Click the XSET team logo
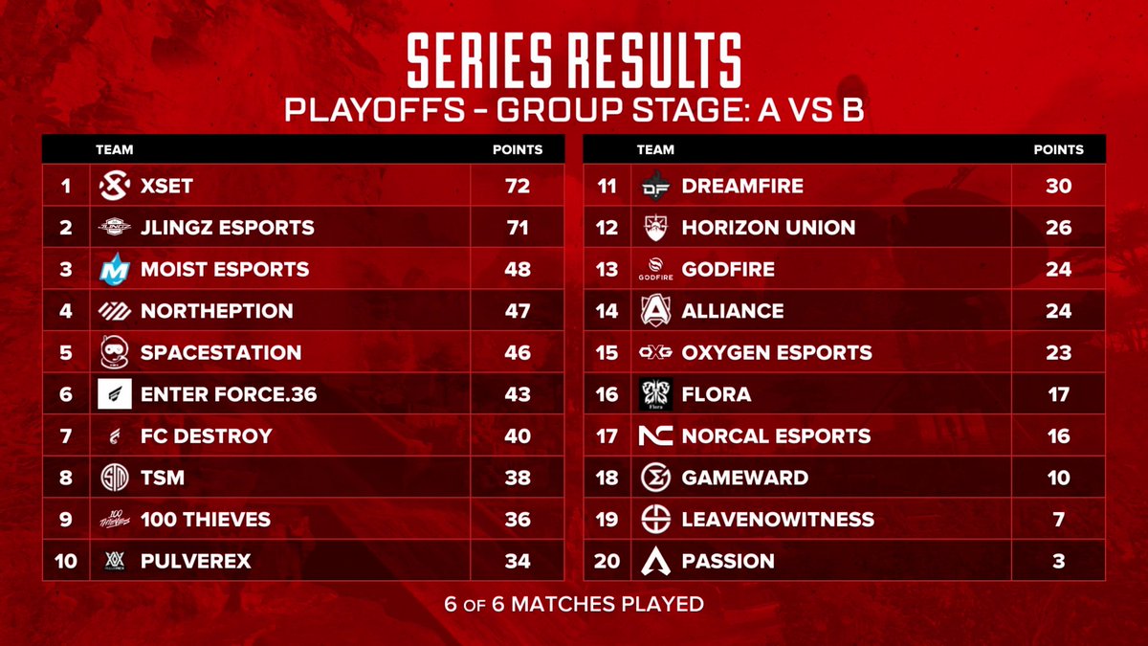(x=114, y=186)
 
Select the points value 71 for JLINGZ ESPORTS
(x=518, y=228)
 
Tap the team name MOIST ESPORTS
(x=225, y=269)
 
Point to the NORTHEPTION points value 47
(x=518, y=311)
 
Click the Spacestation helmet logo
(x=114, y=352)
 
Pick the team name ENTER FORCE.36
(x=229, y=394)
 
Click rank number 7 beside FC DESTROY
(x=66, y=435)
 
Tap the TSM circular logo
(x=114, y=478)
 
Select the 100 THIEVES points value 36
(x=518, y=519)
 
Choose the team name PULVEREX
(x=196, y=561)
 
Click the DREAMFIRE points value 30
(x=1058, y=186)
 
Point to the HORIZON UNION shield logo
(x=656, y=228)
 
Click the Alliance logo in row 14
(x=656, y=311)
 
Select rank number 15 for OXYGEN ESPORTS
(x=607, y=352)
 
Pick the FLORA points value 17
(x=1058, y=394)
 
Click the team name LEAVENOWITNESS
(x=778, y=519)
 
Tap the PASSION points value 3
(x=1058, y=561)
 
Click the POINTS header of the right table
(x=1058, y=149)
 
